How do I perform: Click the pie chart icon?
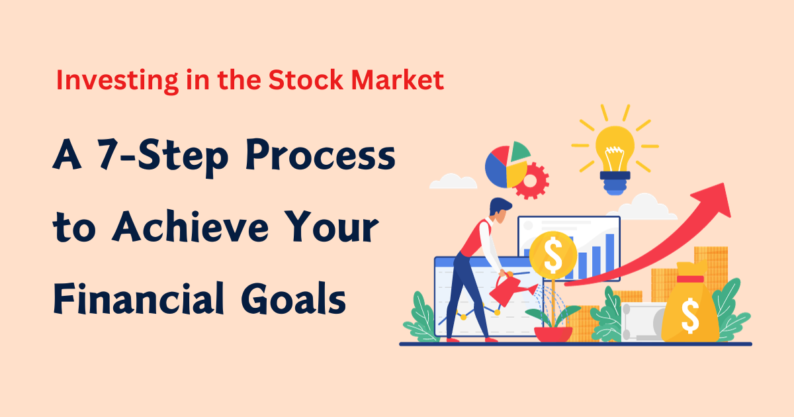507,163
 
